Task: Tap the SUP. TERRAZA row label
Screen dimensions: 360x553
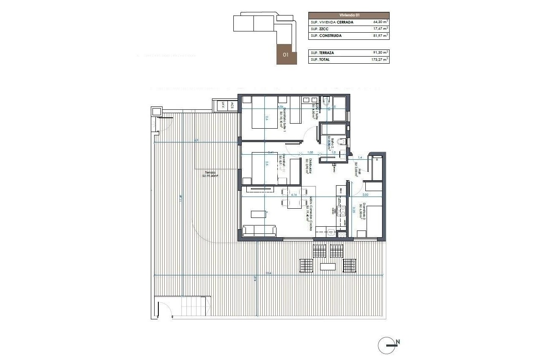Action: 322,53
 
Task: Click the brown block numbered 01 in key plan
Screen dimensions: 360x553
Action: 286,54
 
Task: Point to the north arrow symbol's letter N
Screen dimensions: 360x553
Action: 398,342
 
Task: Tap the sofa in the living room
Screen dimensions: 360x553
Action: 260,230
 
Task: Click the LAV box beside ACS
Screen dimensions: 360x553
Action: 223,106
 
